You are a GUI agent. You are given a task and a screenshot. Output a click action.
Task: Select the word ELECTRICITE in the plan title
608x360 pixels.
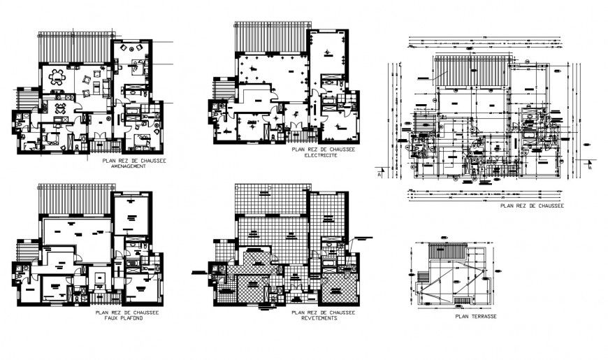pos(321,156)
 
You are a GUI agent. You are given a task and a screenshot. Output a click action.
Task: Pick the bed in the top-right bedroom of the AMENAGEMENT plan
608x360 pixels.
pos(140,68)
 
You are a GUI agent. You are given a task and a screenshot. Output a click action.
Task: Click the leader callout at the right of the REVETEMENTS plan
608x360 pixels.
pos(365,238)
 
